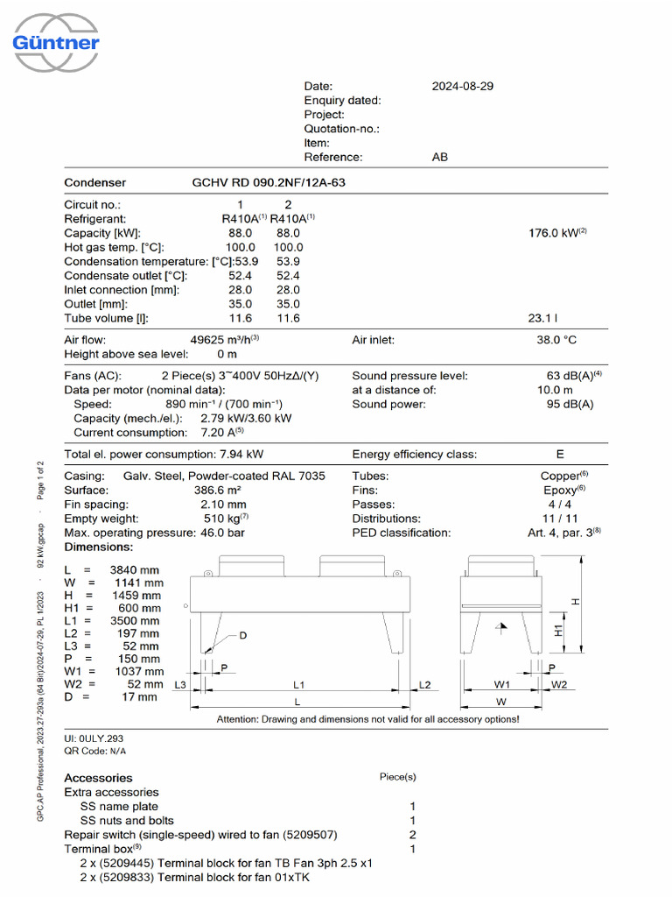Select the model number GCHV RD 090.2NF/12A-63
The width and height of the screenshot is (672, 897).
coord(273,182)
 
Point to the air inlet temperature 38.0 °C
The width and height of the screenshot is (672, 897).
coord(556,339)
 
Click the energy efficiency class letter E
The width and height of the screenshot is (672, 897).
coord(560,454)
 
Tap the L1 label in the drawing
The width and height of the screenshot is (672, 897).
coord(298,683)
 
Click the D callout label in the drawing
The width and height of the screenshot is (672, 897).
coord(243,635)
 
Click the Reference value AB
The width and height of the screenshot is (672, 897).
coord(440,157)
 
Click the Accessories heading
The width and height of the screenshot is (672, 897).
coord(98,777)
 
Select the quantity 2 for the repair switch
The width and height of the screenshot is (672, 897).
coord(412,834)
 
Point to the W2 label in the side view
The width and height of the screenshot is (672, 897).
coord(560,683)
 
